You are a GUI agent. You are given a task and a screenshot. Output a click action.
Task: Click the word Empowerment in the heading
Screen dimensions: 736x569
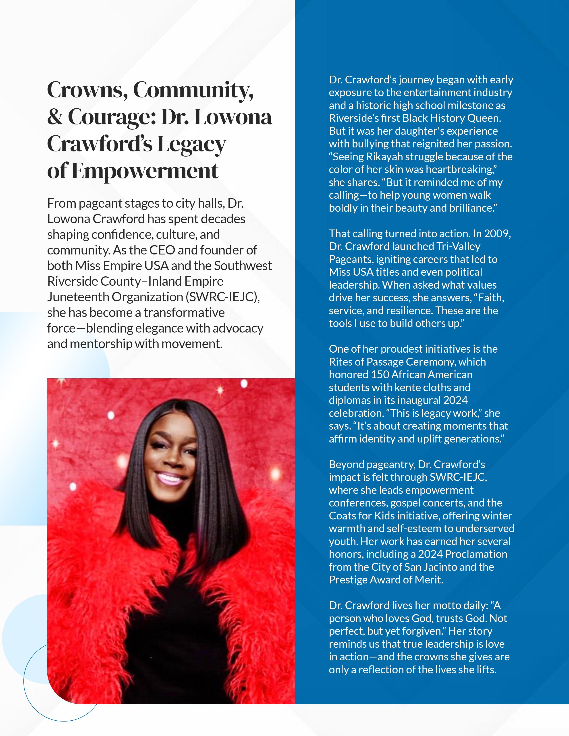tap(145, 171)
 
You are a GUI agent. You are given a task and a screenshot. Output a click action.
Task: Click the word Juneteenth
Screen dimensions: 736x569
tap(78, 297)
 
